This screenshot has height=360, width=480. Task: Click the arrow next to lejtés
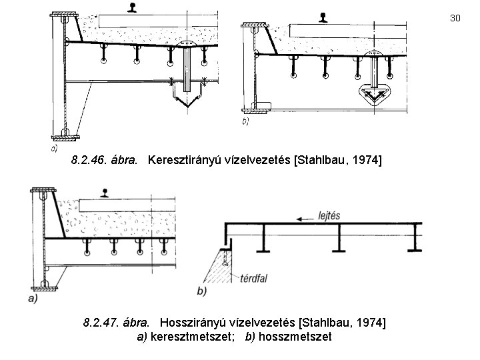[x=306, y=217]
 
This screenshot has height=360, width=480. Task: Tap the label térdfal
[x=253, y=279]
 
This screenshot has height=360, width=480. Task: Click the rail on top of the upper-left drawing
[x=132, y=8]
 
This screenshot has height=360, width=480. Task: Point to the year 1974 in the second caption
[x=370, y=323]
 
